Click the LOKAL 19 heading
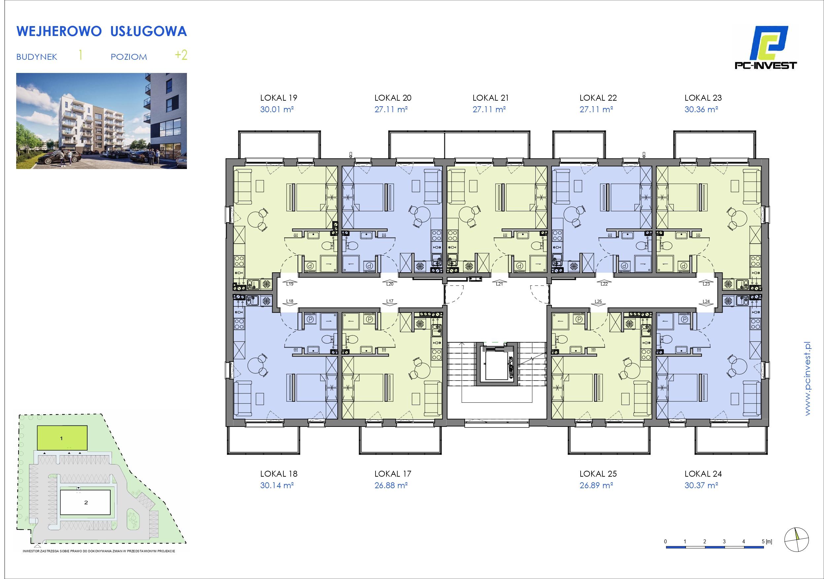coord(278,98)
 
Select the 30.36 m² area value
coord(701,109)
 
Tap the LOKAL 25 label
coord(598,473)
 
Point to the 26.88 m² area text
coord(391,485)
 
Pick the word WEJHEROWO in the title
coord(59,32)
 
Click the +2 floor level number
coord(181,55)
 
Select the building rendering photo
coord(102,121)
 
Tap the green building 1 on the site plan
coord(62,438)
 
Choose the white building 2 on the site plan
coord(85,502)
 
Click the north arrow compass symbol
coord(796,539)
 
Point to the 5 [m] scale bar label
coord(767,542)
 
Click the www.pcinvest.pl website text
coord(807,379)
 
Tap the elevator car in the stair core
coord(497,364)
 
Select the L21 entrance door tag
coord(499,284)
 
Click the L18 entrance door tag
coord(290,301)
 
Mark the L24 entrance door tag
coord(706,301)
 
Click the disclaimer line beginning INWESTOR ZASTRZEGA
coord(99,551)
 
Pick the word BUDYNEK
coord(37,57)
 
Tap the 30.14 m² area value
coord(277,485)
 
